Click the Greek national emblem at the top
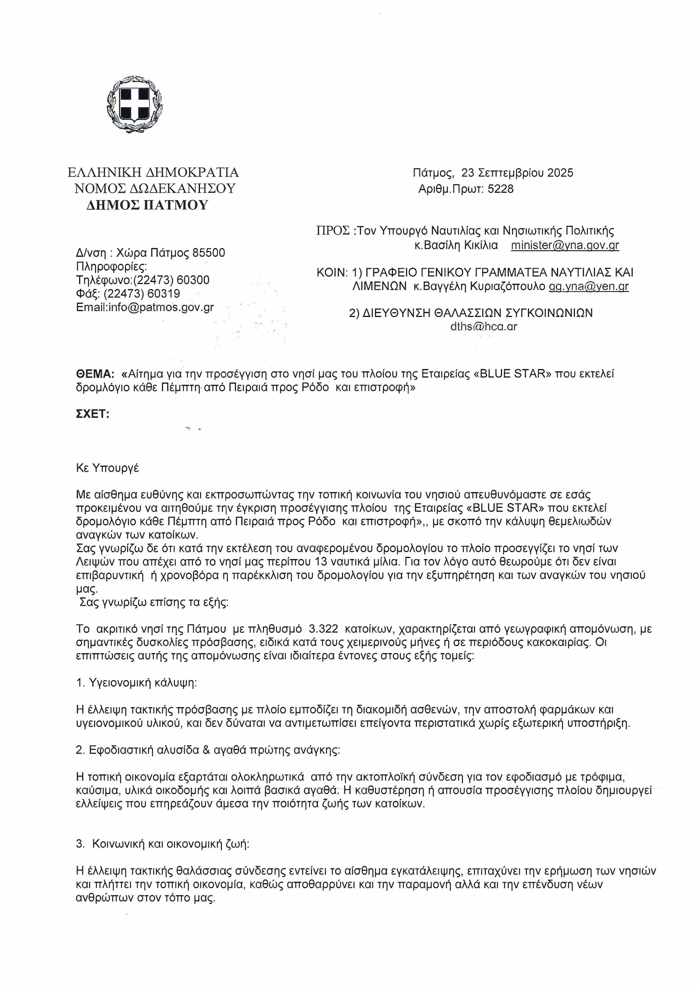(134, 104)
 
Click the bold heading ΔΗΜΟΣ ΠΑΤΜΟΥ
(147, 205)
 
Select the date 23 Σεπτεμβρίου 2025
(517, 173)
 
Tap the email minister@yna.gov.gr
(565, 245)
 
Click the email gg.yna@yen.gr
(589, 286)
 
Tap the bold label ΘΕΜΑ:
(95, 374)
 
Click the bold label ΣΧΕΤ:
(93, 414)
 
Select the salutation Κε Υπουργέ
(107, 468)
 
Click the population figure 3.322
(323, 629)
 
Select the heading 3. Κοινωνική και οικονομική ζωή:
(162, 844)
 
